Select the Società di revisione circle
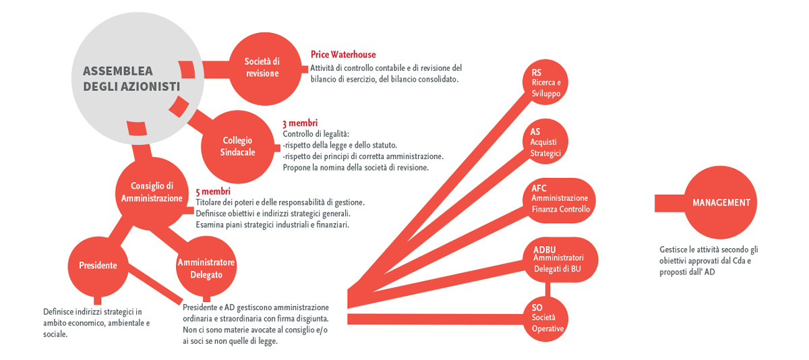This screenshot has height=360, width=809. [266, 69]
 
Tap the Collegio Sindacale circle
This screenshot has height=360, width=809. [237, 146]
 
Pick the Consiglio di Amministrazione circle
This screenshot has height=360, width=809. [152, 193]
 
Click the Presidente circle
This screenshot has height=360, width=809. [98, 266]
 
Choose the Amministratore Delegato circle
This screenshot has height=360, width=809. [206, 266]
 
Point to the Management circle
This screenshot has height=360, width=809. [721, 202]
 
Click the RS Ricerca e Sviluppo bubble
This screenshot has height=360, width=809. [545, 82]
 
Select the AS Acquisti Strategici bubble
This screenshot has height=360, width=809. [545, 141]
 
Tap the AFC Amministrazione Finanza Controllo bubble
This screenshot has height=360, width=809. [559, 200]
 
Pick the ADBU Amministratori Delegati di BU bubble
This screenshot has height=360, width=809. [560, 260]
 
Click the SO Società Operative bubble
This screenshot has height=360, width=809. [545, 319]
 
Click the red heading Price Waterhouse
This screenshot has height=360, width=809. [343, 55]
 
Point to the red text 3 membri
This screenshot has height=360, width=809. [300, 123]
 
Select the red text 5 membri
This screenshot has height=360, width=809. [213, 191]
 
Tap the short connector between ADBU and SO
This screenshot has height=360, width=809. [548, 290]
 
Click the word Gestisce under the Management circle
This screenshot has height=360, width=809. [673, 249]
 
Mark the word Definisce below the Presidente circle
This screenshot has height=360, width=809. [58, 311]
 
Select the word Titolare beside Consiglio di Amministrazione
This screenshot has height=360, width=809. [209, 202]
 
